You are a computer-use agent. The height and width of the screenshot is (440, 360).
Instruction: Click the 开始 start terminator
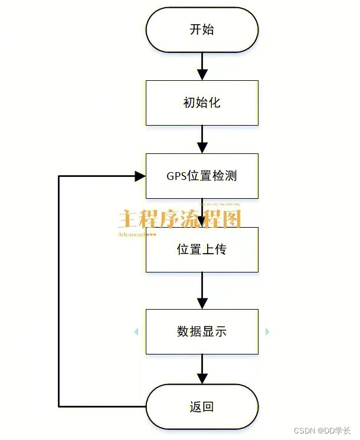202,29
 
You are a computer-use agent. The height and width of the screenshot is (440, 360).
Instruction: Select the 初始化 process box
202,103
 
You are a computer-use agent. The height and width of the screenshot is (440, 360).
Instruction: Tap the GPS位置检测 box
202,176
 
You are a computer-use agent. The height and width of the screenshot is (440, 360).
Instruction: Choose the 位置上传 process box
202,249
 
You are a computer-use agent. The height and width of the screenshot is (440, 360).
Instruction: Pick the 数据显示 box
202,331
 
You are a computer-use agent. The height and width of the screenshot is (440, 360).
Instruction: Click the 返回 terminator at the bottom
202,406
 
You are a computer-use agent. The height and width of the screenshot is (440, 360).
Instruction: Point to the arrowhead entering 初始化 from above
202,74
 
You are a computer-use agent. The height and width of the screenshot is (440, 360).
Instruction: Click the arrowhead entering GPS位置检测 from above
202,147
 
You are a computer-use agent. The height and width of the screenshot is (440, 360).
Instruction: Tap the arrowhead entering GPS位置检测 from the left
140,176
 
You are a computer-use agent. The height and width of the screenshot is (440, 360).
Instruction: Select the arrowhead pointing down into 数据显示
202,303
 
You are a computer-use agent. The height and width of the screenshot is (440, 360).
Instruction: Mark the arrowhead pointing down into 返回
202,378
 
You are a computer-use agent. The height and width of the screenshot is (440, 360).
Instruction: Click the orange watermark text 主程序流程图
179,219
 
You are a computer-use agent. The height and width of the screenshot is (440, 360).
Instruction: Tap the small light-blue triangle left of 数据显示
136,332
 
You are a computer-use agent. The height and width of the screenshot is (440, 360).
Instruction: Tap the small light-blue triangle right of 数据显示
268,332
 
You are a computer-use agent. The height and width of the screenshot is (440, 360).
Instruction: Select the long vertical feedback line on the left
59,289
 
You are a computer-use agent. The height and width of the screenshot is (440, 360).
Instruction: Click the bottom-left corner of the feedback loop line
59,406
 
